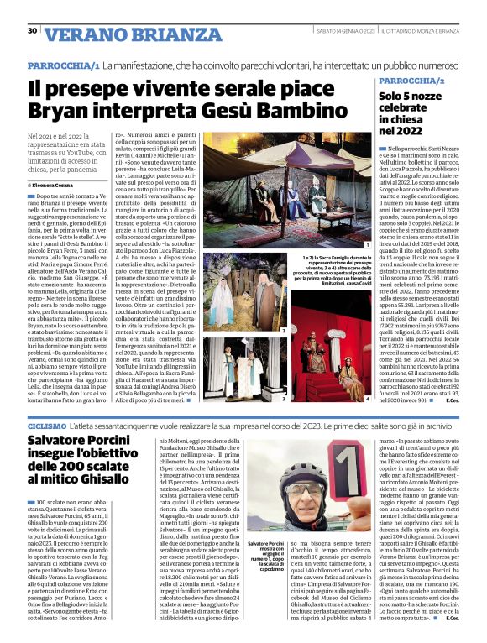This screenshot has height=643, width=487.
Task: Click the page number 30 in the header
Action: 31,31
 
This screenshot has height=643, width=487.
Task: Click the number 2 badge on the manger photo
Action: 283,331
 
